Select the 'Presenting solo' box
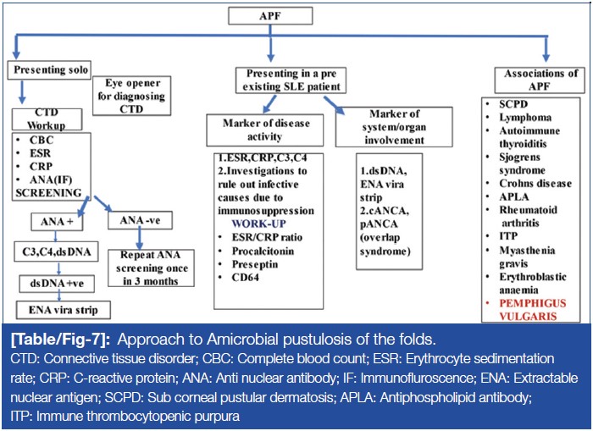click(x=50, y=69)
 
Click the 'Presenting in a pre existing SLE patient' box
click(x=290, y=79)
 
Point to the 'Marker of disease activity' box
click(x=263, y=129)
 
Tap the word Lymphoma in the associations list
click(x=525, y=117)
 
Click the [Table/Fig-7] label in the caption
click(x=62, y=341)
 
